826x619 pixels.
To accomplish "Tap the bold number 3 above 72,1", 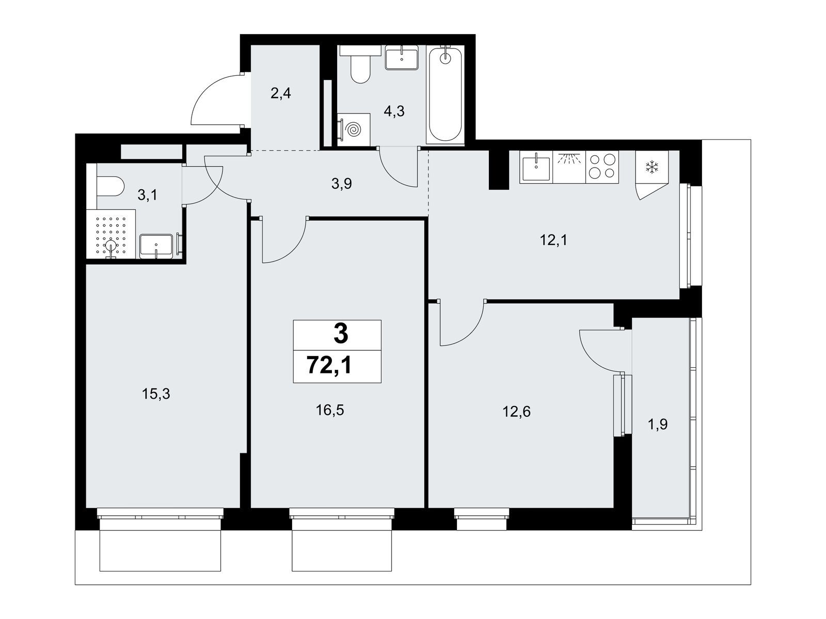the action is coord(340,334).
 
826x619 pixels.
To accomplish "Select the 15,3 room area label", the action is coord(156,394).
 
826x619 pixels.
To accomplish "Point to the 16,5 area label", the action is coord(330,411).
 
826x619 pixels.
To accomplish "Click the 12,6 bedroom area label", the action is coord(517,412).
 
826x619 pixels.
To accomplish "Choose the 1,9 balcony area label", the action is coord(658,425).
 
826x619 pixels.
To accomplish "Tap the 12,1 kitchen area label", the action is coord(553,240).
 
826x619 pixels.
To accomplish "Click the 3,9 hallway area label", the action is coord(342,184).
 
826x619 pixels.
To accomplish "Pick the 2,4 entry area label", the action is coord(281,93).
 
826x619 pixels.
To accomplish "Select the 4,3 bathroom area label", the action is coord(394,111).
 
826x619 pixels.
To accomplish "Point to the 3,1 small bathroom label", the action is coord(147,195).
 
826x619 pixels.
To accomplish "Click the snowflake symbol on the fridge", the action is coord(651,167).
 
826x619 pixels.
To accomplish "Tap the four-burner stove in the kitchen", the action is coord(602,167).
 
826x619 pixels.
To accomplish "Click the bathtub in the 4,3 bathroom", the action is coord(445,95).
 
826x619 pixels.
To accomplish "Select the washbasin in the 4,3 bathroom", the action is coord(402,57).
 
